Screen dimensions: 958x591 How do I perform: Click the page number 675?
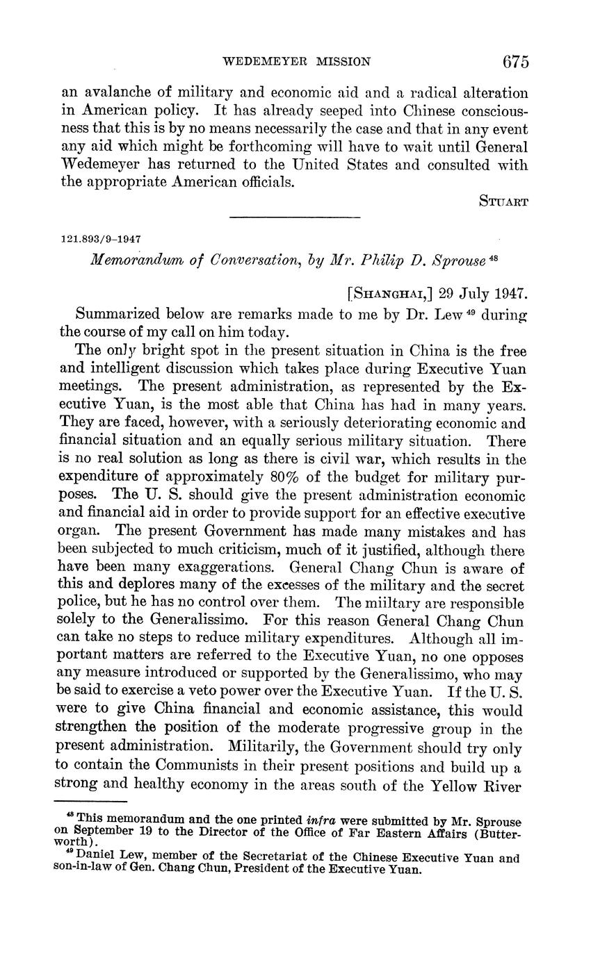coord(515,61)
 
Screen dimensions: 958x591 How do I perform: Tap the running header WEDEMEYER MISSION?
coord(295,62)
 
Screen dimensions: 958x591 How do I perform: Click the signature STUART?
coord(503,201)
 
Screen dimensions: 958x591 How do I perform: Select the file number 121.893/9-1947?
coord(101,238)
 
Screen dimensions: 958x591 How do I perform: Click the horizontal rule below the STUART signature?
coord(295,218)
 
